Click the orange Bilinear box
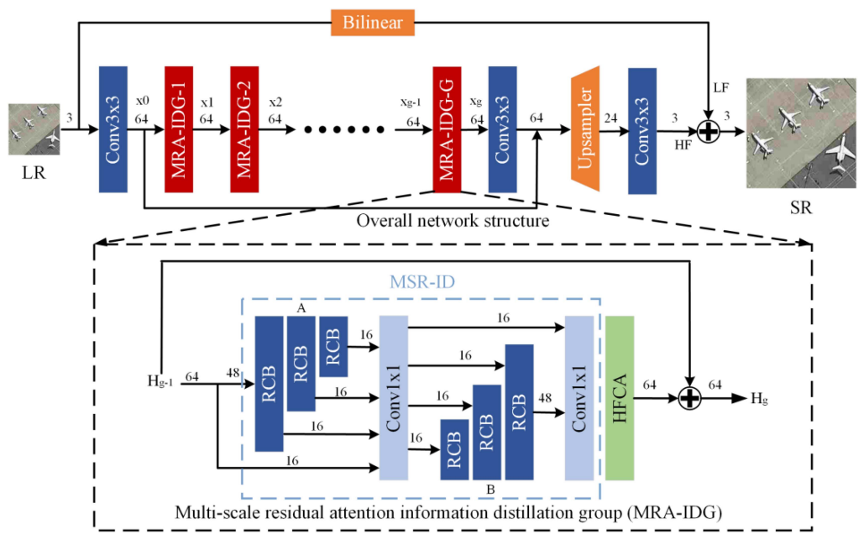(372, 22)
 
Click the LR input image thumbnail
(34, 129)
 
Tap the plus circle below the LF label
(710, 131)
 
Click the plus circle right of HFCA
(690, 398)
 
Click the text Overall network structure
(453, 222)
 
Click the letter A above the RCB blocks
(301, 308)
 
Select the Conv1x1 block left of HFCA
(579, 398)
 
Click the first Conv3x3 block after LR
(113, 128)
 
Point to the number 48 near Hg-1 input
(233, 371)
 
